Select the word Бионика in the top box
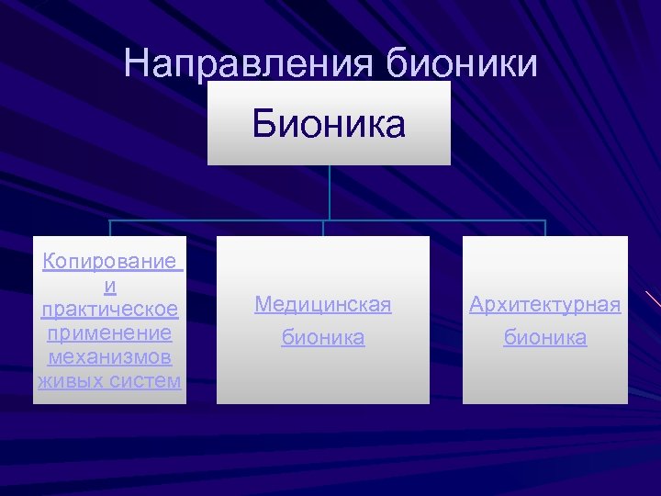click(x=329, y=124)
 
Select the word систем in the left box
click(x=141, y=380)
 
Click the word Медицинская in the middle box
click(x=323, y=304)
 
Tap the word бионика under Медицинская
click(x=323, y=338)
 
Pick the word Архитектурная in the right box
click(x=545, y=304)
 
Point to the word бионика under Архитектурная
click(x=545, y=338)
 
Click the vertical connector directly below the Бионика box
click(x=330, y=193)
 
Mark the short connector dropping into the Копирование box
click(x=111, y=229)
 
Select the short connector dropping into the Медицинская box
click(x=323, y=229)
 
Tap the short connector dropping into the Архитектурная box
click(x=545, y=229)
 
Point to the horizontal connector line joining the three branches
click(x=220, y=221)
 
